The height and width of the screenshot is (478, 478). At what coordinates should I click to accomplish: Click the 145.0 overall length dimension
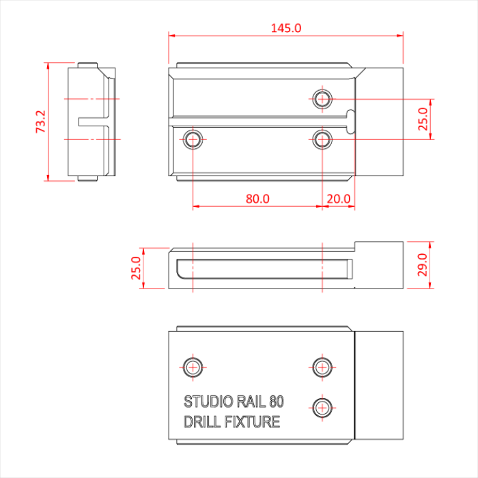tap(286, 28)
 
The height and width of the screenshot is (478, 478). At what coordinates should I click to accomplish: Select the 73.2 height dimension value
tap(40, 122)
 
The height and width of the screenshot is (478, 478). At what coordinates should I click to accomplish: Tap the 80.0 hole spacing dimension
tap(257, 199)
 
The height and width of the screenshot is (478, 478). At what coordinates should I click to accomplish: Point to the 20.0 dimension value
tap(339, 199)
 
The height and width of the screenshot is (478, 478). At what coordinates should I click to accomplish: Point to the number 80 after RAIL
tap(277, 402)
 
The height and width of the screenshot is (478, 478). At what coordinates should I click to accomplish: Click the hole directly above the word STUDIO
tap(193, 367)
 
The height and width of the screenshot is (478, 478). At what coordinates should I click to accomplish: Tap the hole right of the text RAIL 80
tap(322, 407)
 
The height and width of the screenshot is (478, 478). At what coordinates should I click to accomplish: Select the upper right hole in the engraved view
tap(322, 367)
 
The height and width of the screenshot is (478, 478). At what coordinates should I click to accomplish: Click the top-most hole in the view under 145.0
tap(322, 99)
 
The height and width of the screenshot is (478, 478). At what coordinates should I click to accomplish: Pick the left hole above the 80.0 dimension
tap(193, 140)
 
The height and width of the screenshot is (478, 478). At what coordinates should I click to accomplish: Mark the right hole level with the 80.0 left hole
tap(322, 140)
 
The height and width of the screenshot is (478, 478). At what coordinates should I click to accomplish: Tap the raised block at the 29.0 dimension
tap(380, 265)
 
